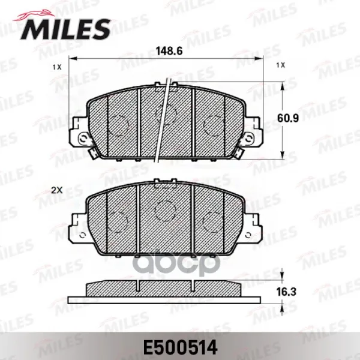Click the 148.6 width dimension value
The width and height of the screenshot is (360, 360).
coord(169,51)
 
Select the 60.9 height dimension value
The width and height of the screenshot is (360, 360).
coord(288,118)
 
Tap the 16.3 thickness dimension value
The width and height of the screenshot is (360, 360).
coord(286,292)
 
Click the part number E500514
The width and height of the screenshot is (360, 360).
coord(180,347)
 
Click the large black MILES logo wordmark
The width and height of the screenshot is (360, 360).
coord(65,29)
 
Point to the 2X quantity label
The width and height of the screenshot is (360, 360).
coord(57,190)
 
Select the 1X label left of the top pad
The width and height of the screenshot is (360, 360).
coord(57,67)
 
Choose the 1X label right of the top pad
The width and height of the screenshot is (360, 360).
coord(281,65)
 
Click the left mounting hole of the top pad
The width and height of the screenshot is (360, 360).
coord(82,139)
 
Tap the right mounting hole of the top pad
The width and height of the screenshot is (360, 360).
coord(249,139)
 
